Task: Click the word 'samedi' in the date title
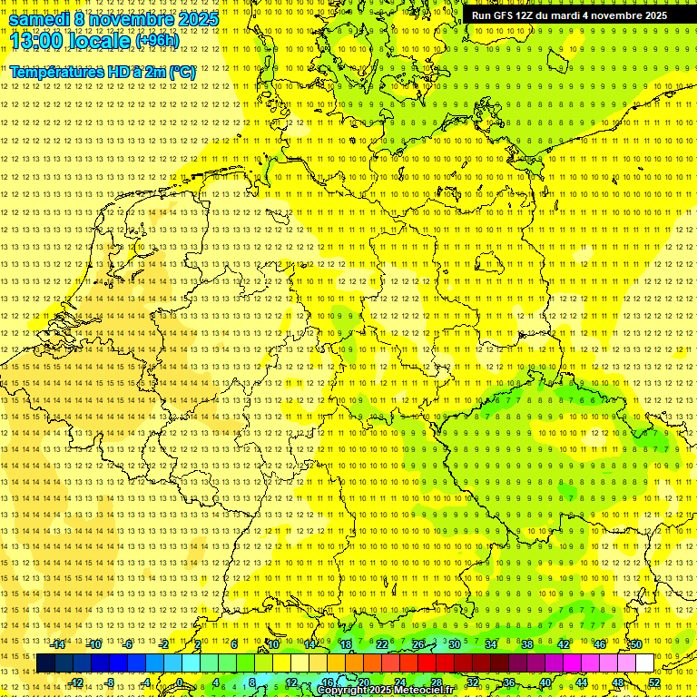(x=40, y=19)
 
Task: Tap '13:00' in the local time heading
(x=34, y=41)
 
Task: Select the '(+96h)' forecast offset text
(x=156, y=41)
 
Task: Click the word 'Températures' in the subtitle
(x=55, y=72)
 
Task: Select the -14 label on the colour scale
(x=58, y=644)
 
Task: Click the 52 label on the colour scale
(x=654, y=682)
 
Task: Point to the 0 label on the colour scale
(x=180, y=682)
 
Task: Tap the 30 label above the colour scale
(x=454, y=644)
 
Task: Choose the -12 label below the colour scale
(x=76, y=682)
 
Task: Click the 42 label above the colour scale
(x=563, y=644)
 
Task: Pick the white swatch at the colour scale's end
(x=644, y=663)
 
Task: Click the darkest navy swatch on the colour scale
(x=45, y=663)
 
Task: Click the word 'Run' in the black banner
(x=481, y=15)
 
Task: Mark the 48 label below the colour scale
(x=618, y=682)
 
